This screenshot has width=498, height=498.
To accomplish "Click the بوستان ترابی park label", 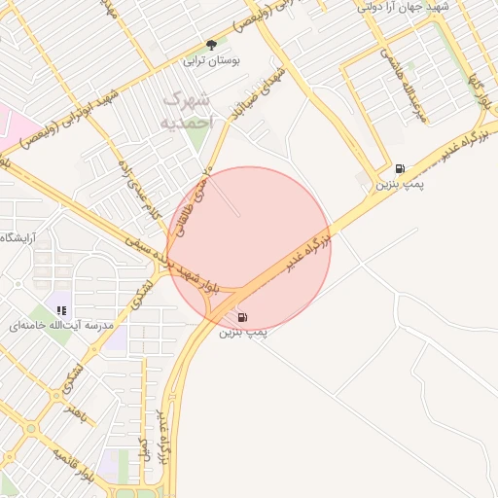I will (211, 60).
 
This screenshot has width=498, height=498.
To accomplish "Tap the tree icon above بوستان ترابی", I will (211, 45).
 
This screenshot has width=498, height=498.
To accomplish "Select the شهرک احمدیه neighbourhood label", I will (186, 110).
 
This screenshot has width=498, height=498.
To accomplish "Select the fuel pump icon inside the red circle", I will (242, 316).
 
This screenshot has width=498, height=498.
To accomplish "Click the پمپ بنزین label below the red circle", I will (242, 333).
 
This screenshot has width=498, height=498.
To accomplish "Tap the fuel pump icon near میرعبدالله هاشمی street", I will (401, 168).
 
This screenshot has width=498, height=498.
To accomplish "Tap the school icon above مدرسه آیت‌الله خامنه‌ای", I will (61, 309).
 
